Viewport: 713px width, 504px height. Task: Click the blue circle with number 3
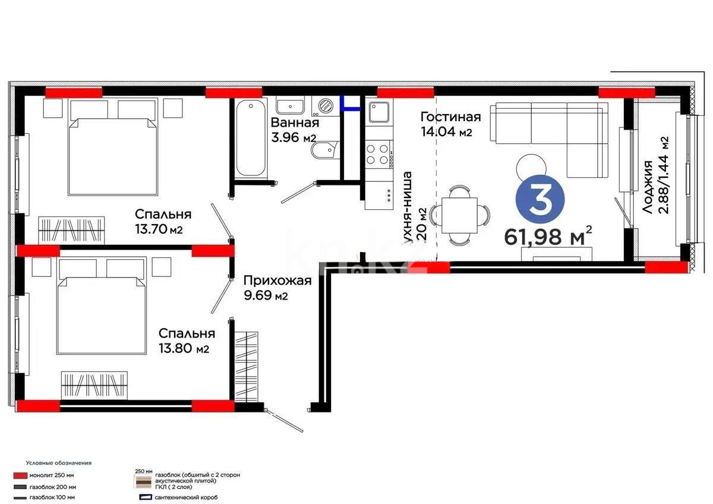point(541,200)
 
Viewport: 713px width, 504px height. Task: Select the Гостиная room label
point(450,116)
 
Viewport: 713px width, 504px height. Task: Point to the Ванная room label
point(295,123)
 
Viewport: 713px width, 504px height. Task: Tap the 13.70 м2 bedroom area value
point(158,229)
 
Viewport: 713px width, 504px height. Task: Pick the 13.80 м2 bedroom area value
point(182,349)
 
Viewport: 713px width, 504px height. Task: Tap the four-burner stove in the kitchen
point(378,154)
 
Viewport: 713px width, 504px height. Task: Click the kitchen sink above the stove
point(378,111)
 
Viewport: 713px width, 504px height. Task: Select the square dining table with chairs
point(461,215)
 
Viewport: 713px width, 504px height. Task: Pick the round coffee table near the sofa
point(530,166)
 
